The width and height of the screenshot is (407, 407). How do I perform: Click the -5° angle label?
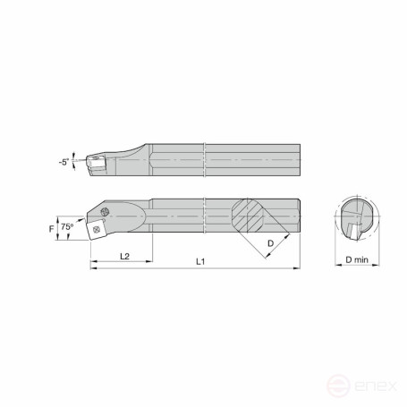pos(63,163)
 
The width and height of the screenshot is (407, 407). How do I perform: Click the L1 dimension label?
pos(200,262)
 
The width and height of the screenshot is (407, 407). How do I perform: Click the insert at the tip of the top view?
pos(94,161)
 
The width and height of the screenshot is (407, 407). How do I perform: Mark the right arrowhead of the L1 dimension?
pos(298,267)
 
